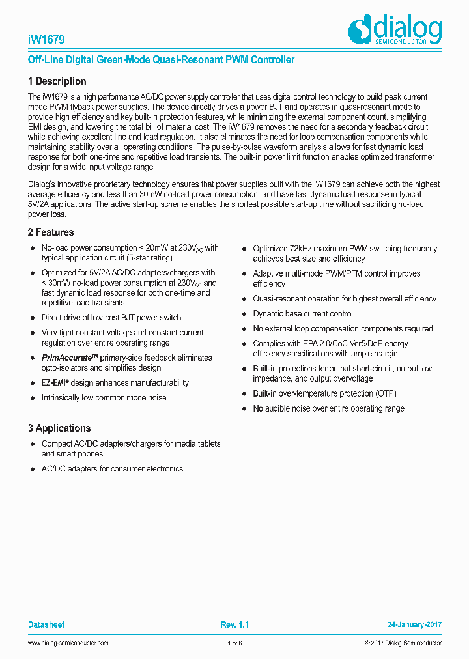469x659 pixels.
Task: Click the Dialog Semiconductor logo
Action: click(x=395, y=30)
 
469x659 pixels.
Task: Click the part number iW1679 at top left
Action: click(x=46, y=39)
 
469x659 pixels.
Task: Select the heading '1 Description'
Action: click(x=57, y=81)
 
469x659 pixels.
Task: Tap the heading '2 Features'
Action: click(x=51, y=232)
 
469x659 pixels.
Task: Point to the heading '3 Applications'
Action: click(x=59, y=428)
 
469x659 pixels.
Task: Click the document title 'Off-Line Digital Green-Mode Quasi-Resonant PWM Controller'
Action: click(x=162, y=60)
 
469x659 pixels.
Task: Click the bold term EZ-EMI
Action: click(x=55, y=383)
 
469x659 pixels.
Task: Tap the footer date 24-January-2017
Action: click(x=414, y=624)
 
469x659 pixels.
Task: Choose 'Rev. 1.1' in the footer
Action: click(x=234, y=624)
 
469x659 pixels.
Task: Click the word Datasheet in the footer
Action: click(x=46, y=624)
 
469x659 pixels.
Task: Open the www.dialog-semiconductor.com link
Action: click(x=68, y=643)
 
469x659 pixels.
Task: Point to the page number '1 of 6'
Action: click(x=234, y=643)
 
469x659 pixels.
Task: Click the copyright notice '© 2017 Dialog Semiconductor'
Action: click(x=403, y=643)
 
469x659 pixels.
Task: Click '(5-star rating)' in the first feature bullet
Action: click(x=143, y=259)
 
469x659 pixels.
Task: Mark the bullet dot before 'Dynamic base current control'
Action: click(x=244, y=314)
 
